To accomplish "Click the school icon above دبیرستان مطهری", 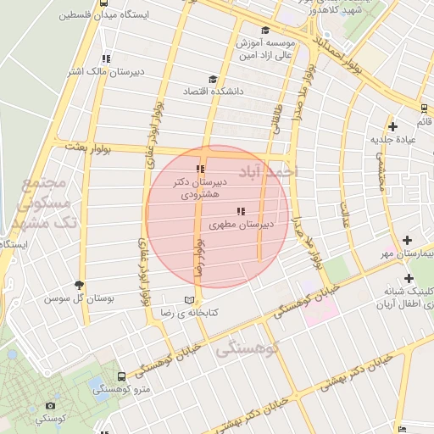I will click(242, 210).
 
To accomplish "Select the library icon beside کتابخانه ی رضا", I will click(189, 301).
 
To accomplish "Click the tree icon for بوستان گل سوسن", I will click(80, 286).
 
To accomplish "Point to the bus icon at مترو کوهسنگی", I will click(121, 376).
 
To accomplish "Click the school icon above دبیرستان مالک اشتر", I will click(105, 58).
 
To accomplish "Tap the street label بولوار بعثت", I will click(88, 147).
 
